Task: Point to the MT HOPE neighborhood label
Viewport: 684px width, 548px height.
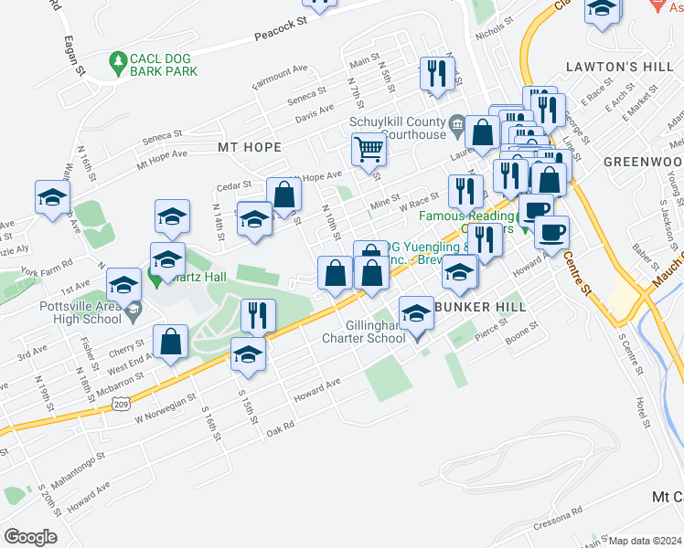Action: click(249, 146)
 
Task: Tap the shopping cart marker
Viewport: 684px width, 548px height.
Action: click(369, 147)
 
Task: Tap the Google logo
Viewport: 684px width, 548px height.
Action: click(30, 536)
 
